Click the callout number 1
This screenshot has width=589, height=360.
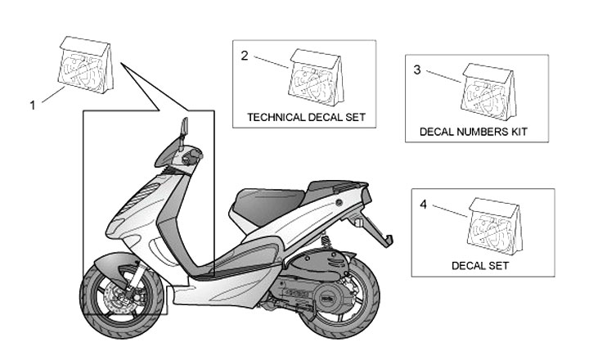coord(34,104)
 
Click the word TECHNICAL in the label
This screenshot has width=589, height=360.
coord(277,118)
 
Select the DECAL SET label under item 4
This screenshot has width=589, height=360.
coord(480,266)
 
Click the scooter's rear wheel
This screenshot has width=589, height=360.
coord(343,307)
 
